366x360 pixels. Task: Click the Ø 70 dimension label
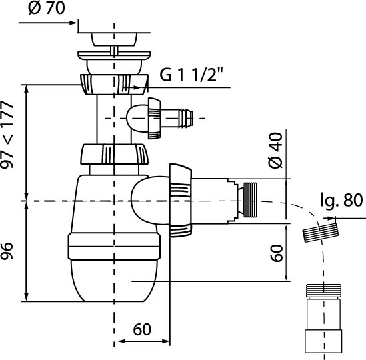click(x=47, y=8)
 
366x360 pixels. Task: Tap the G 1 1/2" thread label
click(x=191, y=75)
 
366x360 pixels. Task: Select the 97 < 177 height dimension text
click(x=8, y=134)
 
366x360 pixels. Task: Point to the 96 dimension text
click(x=7, y=251)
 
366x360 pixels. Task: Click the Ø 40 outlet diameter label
click(x=275, y=150)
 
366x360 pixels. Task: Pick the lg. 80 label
click(x=341, y=200)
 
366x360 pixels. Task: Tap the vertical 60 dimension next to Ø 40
click(x=277, y=253)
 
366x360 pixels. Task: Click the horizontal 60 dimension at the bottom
click(x=142, y=329)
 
